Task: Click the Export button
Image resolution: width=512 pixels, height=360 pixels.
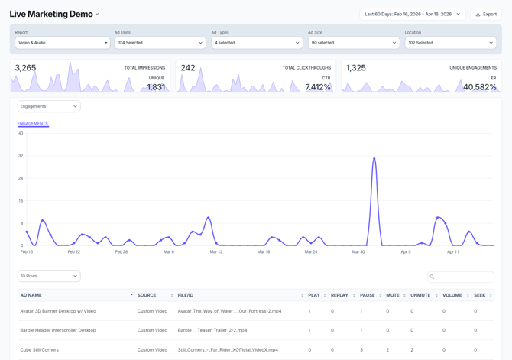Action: pyautogui.click(x=486, y=14)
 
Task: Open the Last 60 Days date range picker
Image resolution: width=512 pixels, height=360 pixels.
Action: pyautogui.click(x=413, y=14)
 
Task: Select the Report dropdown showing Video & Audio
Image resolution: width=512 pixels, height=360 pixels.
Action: pyautogui.click(x=63, y=43)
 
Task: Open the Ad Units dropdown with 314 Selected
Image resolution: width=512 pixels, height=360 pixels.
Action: pyautogui.click(x=159, y=43)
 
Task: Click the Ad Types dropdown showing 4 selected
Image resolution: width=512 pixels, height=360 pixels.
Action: pyautogui.click(x=256, y=43)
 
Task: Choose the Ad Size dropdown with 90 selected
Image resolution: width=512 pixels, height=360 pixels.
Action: pyautogui.click(x=353, y=43)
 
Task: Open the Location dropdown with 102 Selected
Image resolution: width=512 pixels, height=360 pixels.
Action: pyautogui.click(x=450, y=43)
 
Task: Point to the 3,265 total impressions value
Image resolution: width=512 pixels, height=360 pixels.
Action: pyautogui.click(x=25, y=68)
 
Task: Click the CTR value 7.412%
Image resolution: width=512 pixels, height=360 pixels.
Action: pyautogui.click(x=318, y=87)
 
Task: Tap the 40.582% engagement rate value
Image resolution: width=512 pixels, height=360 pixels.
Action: pyautogui.click(x=480, y=87)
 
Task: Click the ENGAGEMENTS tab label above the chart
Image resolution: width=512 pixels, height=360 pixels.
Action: pyautogui.click(x=33, y=123)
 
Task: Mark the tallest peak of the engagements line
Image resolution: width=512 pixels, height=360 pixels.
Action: pyautogui.click(x=374, y=158)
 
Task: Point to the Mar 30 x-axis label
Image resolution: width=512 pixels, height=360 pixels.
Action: pyautogui.click(x=358, y=251)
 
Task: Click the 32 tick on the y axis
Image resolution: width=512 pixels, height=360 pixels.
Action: pyautogui.click(x=21, y=156)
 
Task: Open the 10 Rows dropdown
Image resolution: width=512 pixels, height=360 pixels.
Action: pyautogui.click(x=49, y=276)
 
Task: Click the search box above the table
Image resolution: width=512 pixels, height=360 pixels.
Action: pyautogui.click(x=461, y=277)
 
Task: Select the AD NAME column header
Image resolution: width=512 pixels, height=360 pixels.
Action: pyautogui.click(x=31, y=295)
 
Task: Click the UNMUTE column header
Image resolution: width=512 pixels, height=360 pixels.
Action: pyautogui.click(x=420, y=295)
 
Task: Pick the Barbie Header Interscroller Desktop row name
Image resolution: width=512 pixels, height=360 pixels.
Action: pyautogui.click(x=58, y=330)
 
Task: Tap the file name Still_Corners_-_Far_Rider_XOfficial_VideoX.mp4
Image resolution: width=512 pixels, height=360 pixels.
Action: pyautogui.click(x=228, y=349)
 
